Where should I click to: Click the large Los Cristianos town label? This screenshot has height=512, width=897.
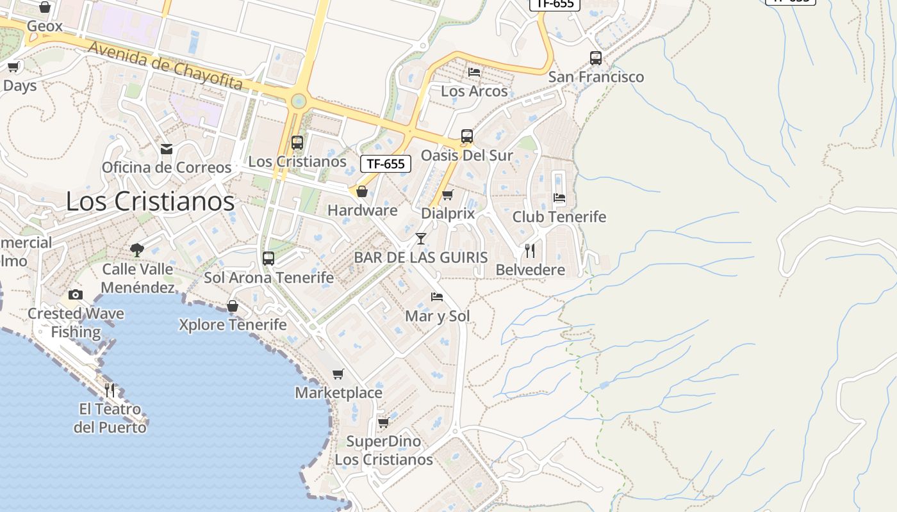pyautogui.click(x=150, y=202)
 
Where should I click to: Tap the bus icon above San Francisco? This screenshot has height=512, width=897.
pyautogui.click(x=596, y=58)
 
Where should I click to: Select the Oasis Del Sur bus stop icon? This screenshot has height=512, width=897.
pyautogui.click(x=467, y=136)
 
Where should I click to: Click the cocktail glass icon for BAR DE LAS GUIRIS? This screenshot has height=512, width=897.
pyautogui.click(x=421, y=239)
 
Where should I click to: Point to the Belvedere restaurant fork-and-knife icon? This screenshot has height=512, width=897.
pyautogui.click(x=530, y=250)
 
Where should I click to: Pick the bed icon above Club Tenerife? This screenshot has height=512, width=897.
pyautogui.click(x=559, y=198)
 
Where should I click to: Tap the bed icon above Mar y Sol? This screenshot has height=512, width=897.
pyautogui.click(x=437, y=297)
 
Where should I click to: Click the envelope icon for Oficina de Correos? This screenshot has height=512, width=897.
pyautogui.click(x=167, y=149)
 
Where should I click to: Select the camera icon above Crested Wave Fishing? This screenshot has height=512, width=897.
pyautogui.click(x=76, y=295)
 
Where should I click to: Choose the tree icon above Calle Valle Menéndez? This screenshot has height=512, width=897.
pyautogui.click(x=136, y=250)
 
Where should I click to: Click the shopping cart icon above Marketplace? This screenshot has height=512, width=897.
pyautogui.click(x=338, y=374)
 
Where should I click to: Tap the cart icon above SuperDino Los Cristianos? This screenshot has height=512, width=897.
pyautogui.click(x=383, y=422)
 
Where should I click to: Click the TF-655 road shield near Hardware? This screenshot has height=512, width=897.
pyautogui.click(x=385, y=164)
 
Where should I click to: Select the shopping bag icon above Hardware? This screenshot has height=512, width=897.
pyautogui.click(x=362, y=191)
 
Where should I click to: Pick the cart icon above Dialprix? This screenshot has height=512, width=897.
pyautogui.click(x=448, y=195)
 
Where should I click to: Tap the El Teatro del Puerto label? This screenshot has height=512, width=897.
pyautogui.click(x=110, y=417)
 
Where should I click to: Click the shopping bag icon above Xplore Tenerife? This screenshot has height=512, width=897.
pyautogui.click(x=233, y=306)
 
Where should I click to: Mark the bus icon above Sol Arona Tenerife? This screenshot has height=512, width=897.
pyautogui.click(x=268, y=259)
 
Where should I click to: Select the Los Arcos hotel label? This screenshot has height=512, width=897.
pyautogui.click(x=474, y=91)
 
